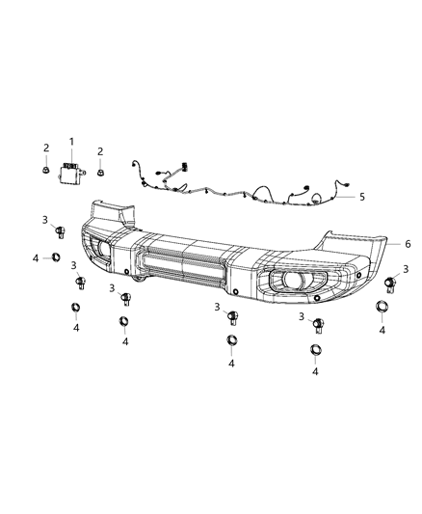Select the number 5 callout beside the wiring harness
[362, 197]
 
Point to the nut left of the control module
[46, 171]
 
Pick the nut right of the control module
[101, 174]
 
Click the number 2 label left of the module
[45, 148]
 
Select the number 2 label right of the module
[100, 150]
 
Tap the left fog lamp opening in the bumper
[101, 251]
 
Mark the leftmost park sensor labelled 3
[58, 231]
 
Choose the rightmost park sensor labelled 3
[391, 283]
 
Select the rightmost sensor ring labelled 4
[382, 308]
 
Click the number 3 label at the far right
[406, 269]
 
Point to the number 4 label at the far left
[36, 257]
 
